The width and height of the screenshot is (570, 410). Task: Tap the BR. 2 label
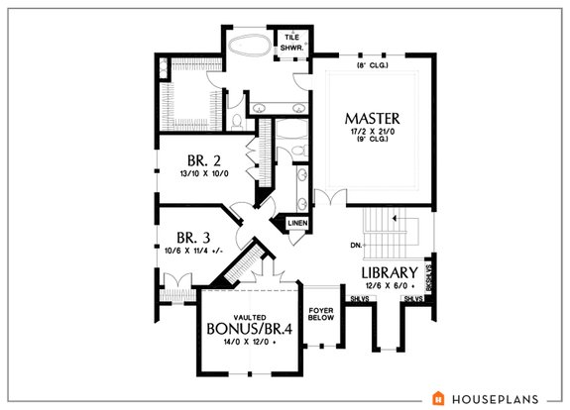[204, 159]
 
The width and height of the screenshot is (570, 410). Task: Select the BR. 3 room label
[194, 238]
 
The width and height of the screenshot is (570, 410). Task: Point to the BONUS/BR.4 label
[248, 328]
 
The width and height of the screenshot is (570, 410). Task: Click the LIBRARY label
[388, 271]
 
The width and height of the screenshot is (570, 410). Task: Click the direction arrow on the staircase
[395, 216]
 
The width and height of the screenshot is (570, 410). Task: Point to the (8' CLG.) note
[374, 66]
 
